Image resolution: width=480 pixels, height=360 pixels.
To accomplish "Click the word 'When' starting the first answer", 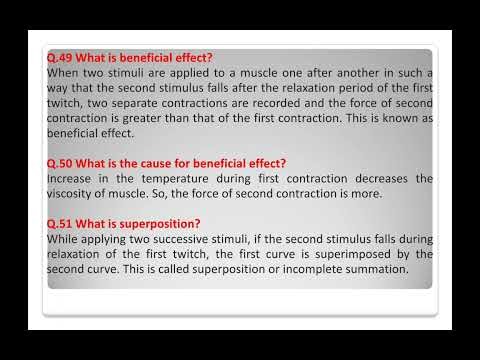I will (x=64, y=73).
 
